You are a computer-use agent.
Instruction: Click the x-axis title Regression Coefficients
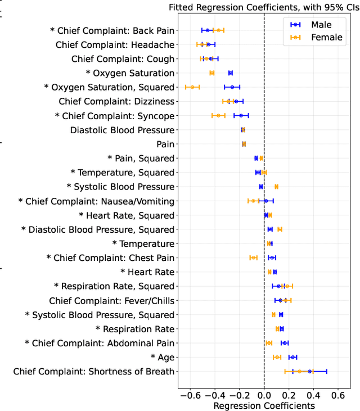pyautogui.click(x=264, y=405)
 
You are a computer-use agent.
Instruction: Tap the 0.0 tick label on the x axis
pyautogui.click(x=264, y=395)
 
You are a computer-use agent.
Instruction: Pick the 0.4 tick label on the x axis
pyautogui.click(x=313, y=395)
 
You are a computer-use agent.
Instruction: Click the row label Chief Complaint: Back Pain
pyautogui.click(x=112, y=30)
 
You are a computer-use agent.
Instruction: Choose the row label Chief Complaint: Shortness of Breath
pyautogui.click(x=94, y=371)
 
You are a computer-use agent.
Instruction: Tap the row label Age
pyautogui.click(x=163, y=357)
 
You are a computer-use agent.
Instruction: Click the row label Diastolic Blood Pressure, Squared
pyautogui.click(x=97, y=229)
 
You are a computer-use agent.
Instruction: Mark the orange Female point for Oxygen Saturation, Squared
pyautogui.click(x=192, y=87)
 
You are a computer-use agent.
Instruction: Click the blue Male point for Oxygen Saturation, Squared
pyautogui.click(x=232, y=87)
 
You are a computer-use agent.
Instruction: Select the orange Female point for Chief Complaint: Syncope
pyautogui.click(x=218, y=115)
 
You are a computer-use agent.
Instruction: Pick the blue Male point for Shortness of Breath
pyautogui.click(x=309, y=371)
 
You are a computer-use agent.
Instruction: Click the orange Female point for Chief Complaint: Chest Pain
pyautogui.click(x=253, y=258)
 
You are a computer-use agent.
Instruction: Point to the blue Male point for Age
pyautogui.click(x=292, y=357)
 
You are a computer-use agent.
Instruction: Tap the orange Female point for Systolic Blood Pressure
pyautogui.click(x=276, y=186)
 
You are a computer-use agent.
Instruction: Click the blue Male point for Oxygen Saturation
pyautogui.click(x=230, y=73)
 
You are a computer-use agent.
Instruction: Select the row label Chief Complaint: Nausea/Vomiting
pyautogui.click(x=96, y=201)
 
